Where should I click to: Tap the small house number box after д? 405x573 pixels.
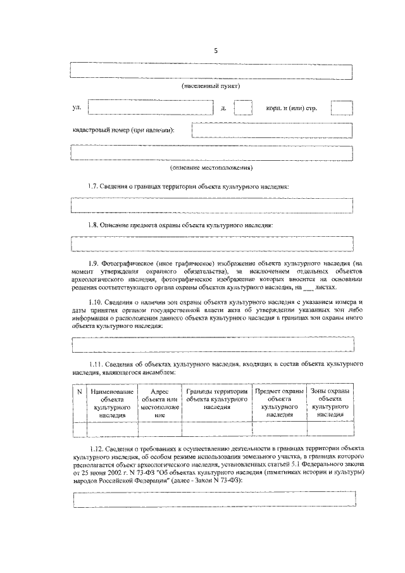[x=243, y=108]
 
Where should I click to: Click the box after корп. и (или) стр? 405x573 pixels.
[x=342, y=108]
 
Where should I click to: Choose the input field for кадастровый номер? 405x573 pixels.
[x=272, y=130]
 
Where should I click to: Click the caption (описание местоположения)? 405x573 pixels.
[x=211, y=168]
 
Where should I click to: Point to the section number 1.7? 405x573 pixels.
[x=94, y=187]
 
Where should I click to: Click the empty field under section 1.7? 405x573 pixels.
[x=212, y=206]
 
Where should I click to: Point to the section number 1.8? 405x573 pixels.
[x=94, y=225]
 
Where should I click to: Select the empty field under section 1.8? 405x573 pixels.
[x=212, y=244]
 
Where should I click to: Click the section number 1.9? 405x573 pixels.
[x=94, y=262]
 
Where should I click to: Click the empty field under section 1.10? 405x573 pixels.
[x=212, y=344]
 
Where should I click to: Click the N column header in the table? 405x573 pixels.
[x=79, y=392]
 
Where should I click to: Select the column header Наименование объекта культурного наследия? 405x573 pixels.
[x=112, y=403]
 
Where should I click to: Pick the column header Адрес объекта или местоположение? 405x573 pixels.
[x=159, y=403]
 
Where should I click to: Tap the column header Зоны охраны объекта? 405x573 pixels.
[x=330, y=403]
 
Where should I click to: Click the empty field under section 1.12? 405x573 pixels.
[x=212, y=498]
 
